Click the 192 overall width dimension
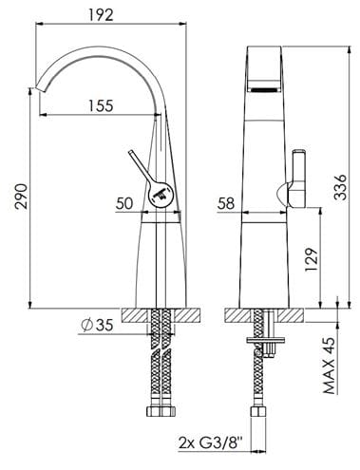(x=101, y=15)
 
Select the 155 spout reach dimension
(x=101, y=105)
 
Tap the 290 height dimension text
(x=22, y=196)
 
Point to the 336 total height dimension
(x=341, y=187)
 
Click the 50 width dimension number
(x=124, y=203)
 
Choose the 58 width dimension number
(x=226, y=203)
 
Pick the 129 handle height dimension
(x=311, y=259)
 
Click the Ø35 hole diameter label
(x=97, y=325)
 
